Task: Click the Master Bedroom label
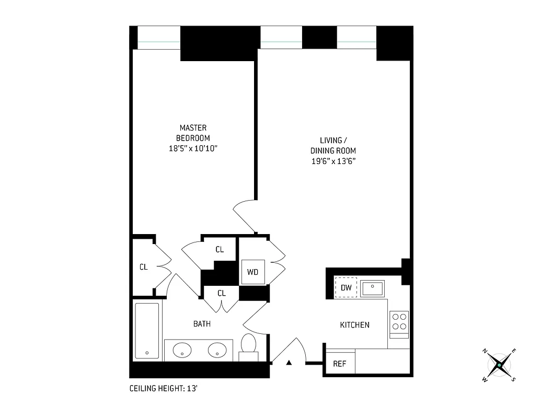[193, 133]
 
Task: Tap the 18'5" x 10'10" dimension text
[193, 149]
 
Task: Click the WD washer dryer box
[252, 272]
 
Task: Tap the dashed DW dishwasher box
[346, 287]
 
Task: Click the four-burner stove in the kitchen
[399, 321]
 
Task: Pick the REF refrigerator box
[340, 364]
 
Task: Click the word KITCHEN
[355, 325]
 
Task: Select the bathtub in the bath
[146, 331]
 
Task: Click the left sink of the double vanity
[182, 350]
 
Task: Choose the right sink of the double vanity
[217, 350]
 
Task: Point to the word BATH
[202, 324]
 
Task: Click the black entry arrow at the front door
[288, 363]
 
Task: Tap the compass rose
[500, 364]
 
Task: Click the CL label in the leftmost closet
[144, 267]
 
